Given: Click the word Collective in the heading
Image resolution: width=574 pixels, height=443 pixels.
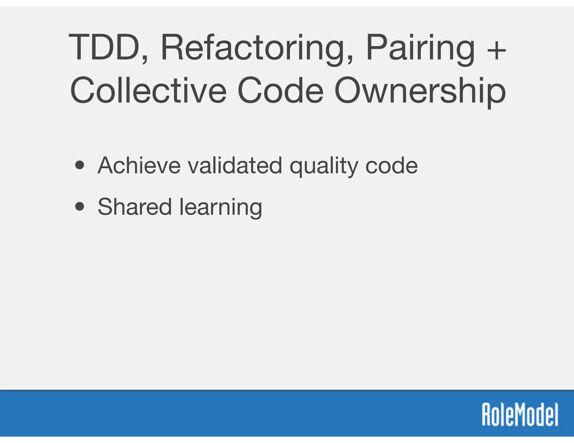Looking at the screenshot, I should (x=148, y=90).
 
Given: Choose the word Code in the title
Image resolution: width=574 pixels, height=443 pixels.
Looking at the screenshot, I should (x=281, y=90).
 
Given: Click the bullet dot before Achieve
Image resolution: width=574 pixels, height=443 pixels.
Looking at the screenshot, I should (x=80, y=165).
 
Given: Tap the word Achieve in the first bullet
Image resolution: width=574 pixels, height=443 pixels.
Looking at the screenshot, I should (x=139, y=165).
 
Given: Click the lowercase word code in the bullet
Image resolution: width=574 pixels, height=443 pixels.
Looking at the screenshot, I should (x=392, y=165).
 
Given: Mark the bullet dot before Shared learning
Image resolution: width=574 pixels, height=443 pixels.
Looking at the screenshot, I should (x=80, y=207).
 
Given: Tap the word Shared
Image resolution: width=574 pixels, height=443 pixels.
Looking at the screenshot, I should (x=135, y=207).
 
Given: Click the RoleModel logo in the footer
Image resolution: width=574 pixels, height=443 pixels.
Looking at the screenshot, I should (x=520, y=414).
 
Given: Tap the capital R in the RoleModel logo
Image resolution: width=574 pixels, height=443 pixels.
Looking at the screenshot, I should (x=487, y=414).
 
